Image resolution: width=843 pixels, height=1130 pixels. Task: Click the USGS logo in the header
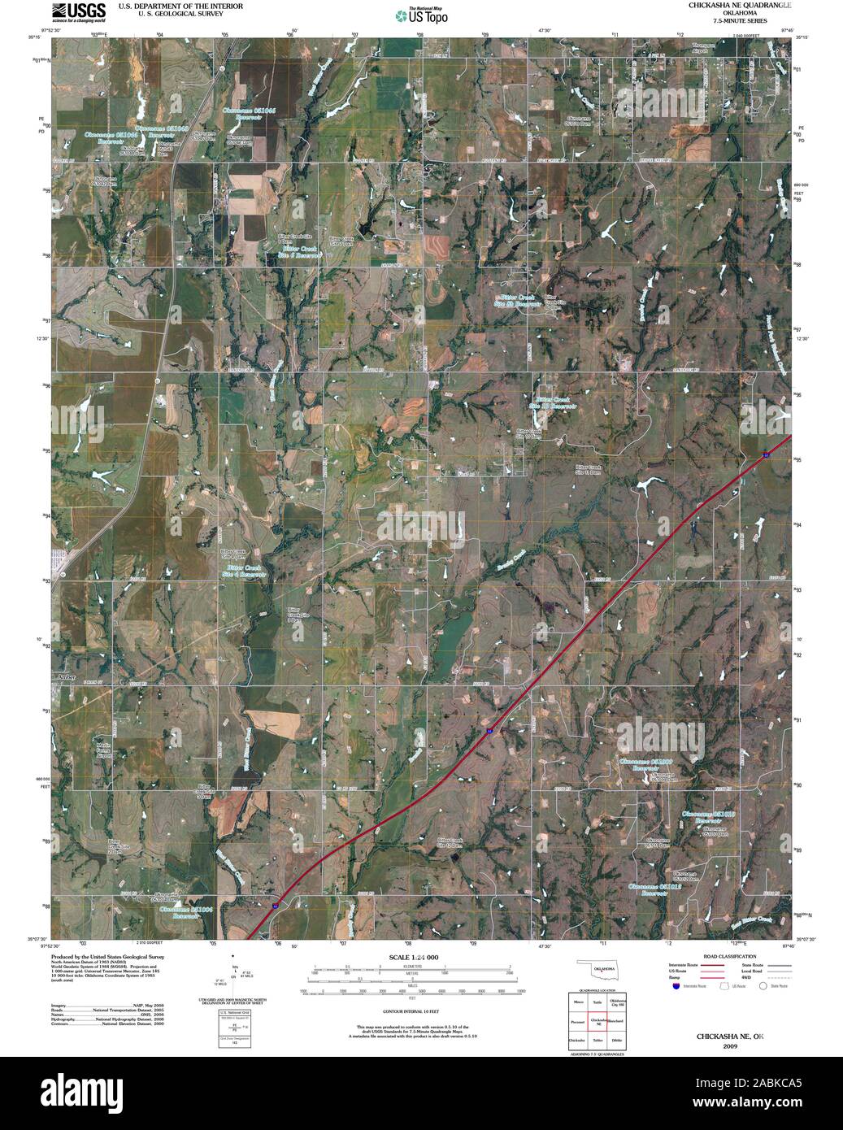78,11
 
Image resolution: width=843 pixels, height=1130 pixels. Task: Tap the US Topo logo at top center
420,15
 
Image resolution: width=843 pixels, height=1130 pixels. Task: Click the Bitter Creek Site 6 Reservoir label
296,251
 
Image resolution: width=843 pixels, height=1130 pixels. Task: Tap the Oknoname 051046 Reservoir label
250,112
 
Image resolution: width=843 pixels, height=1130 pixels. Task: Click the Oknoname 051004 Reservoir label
186,911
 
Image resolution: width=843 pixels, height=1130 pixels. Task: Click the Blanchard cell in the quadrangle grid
617,1020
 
